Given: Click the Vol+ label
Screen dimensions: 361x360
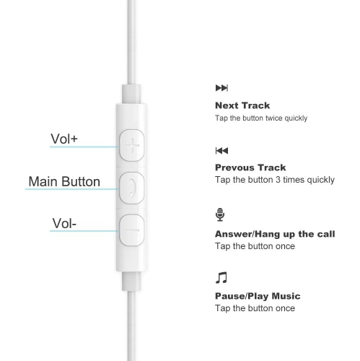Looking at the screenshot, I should (64, 138).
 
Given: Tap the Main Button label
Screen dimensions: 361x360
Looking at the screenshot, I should (64, 181).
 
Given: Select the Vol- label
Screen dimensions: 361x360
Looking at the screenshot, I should (63, 223).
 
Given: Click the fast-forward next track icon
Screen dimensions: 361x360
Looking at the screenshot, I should (221, 88).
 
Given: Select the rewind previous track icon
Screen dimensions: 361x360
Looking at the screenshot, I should (221, 151).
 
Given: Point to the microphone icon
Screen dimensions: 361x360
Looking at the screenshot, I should (219, 214).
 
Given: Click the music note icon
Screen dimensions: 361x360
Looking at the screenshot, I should (221, 277).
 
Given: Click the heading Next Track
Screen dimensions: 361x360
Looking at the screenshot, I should (242, 105).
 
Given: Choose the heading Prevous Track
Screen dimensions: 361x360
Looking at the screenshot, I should (250, 168).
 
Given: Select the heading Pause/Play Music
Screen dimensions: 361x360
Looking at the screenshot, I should (258, 296).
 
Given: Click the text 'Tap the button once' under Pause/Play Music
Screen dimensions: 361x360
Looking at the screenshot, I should (255, 308).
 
